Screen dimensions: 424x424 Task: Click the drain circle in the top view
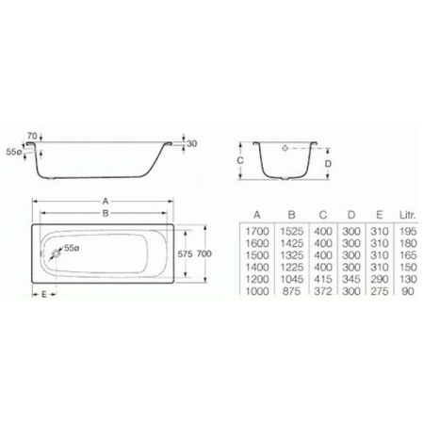pyautogui.click(x=60, y=253)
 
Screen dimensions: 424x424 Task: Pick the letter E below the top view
pyautogui.click(x=44, y=295)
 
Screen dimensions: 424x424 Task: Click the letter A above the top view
pyautogui.click(x=105, y=201)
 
